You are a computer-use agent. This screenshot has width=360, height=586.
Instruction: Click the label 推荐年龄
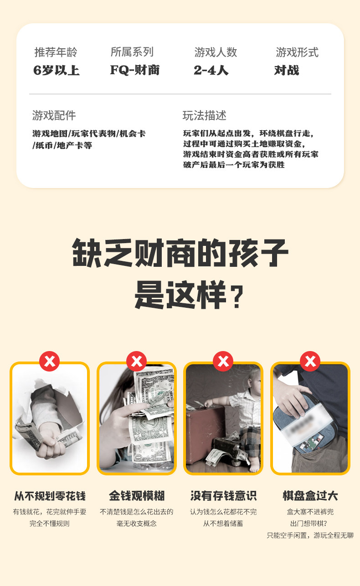56,52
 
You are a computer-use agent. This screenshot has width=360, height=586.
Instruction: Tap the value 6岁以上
57,70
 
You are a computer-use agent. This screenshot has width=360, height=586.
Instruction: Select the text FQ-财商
135,70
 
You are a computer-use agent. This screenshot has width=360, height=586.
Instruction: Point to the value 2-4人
211,70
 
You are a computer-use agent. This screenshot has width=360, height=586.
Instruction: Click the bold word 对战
287,70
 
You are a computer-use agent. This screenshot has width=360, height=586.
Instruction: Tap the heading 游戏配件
54,115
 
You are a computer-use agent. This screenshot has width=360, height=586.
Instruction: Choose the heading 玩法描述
205,115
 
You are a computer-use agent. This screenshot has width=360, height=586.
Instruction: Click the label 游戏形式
297,52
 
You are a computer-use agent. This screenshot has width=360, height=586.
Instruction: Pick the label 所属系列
132,52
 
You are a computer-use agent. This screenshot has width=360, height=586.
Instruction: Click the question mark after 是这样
237,297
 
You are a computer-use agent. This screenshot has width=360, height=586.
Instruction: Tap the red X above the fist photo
50,361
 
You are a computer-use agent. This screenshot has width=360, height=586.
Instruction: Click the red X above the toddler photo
223,361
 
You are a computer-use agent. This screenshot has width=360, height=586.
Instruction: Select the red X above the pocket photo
310,361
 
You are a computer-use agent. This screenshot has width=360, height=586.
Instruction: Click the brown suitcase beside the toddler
205,434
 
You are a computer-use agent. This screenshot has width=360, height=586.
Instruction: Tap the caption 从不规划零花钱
50,496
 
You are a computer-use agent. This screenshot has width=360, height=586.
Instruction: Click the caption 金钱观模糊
137,496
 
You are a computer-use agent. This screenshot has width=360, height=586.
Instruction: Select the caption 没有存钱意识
223,496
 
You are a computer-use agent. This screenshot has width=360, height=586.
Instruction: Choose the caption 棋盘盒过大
310,496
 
